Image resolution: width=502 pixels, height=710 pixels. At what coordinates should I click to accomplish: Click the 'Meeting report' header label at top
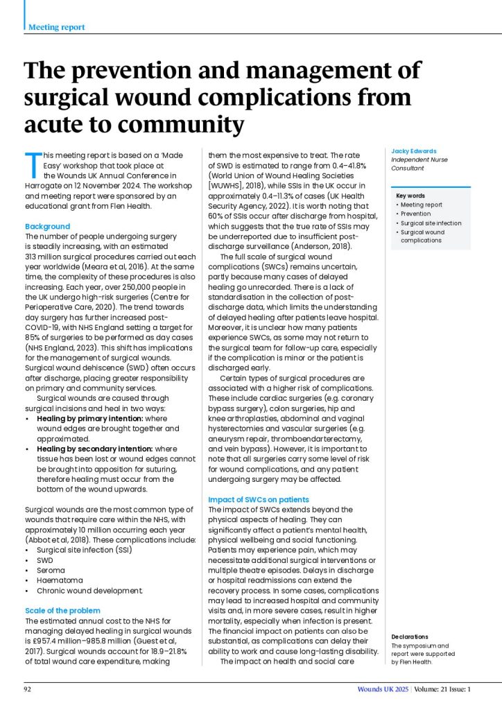coord(57,27)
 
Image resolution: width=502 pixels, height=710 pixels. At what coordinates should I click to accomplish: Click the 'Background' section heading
coord(47,227)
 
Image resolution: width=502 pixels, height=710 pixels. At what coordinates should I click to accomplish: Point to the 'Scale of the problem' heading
coord(63,610)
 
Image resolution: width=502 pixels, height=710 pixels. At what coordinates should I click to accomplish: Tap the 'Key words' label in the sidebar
coord(411,196)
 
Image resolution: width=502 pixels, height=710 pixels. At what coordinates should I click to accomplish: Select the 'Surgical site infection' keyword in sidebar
coord(431,223)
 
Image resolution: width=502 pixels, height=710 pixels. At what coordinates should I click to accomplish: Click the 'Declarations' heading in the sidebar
coord(409,637)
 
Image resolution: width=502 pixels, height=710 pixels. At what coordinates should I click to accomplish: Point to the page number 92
coord(28,689)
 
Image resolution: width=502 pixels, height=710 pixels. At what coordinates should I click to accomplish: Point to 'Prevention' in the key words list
coord(415,214)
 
